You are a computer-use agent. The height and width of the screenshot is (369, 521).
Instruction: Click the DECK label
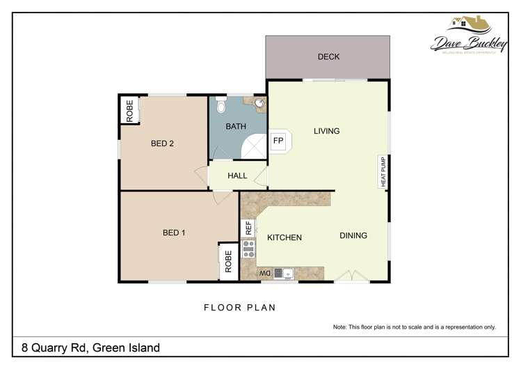click(328, 56)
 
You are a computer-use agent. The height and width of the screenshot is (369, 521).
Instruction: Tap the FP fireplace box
click(278, 141)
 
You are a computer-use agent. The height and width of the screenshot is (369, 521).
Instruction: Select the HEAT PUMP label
click(383, 171)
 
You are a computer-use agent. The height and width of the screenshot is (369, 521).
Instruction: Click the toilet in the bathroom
click(221, 105)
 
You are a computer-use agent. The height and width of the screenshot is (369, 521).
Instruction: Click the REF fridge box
click(248, 228)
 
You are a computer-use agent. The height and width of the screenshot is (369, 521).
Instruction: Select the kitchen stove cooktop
click(248, 249)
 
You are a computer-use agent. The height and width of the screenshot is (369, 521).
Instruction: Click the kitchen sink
click(285, 274)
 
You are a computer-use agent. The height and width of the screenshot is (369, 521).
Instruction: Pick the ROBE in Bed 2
click(129, 111)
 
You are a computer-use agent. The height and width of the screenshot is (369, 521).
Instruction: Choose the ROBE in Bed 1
click(228, 262)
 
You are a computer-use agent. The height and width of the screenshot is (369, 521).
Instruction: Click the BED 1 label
click(174, 233)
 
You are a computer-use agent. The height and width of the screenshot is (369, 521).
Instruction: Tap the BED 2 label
click(162, 144)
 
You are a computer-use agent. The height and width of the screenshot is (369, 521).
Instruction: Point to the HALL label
click(237, 176)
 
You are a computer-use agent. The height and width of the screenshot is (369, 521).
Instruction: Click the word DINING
click(353, 235)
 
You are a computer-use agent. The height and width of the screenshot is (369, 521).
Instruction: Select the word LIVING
click(326, 131)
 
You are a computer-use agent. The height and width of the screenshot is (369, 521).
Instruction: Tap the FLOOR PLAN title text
click(240, 306)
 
